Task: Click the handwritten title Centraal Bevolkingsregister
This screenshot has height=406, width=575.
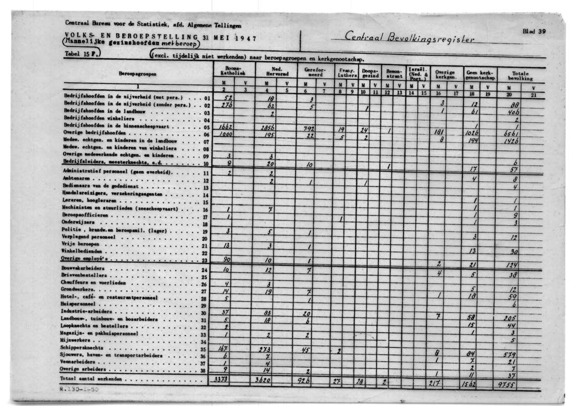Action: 409,37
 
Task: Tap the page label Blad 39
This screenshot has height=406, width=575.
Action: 533,32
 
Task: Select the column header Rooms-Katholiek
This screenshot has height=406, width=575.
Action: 233,71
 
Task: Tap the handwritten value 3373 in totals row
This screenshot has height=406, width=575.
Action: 222,380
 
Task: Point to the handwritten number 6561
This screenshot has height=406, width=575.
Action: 511,134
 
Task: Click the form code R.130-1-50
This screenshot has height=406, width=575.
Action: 79,389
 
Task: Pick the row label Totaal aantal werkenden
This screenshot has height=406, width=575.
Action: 91,379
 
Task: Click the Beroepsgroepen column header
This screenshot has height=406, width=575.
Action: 135,74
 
